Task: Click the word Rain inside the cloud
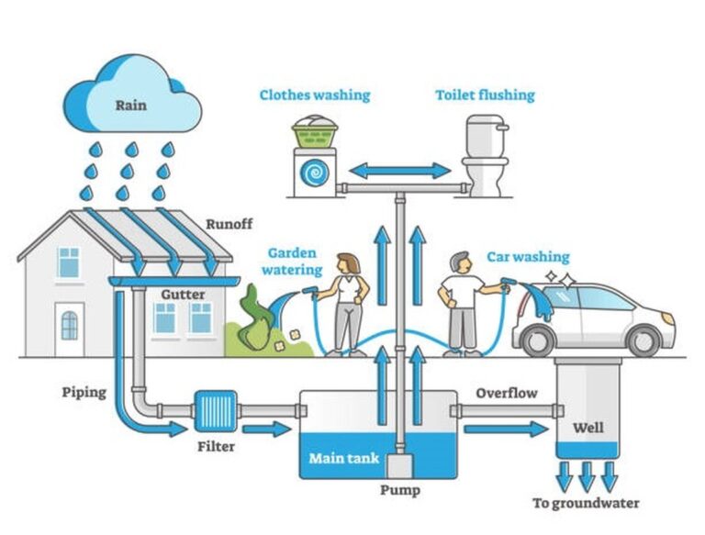(x=130, y=105)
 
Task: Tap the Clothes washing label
(x=314, y=95)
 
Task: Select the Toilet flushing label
(x=485, y=95)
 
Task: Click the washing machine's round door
(x=315, y=173)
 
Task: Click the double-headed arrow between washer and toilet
(x=399, y=171)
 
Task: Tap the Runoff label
(x=229, y=223)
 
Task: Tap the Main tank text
(x=344, y=458)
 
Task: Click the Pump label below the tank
(x=399, y=490)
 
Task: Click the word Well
(x=587, y=428)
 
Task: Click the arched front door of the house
(x=70, y=324)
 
